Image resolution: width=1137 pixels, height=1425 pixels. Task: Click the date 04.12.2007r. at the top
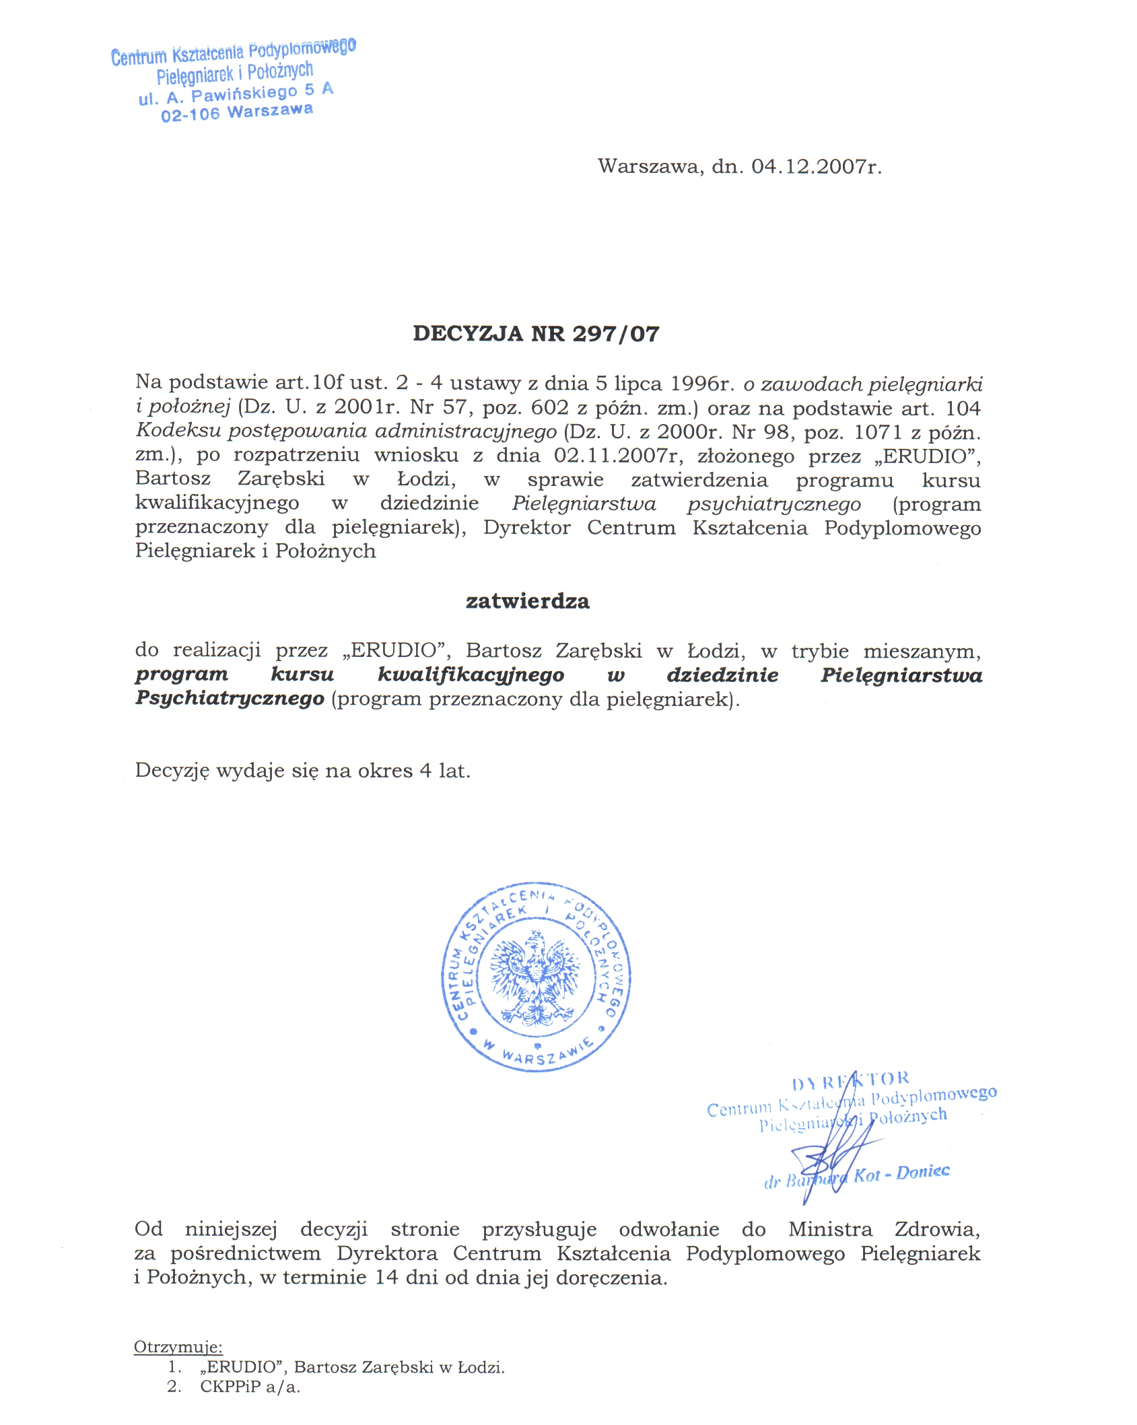(x=816, y=166)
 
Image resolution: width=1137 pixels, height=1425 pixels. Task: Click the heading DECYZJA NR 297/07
(x=536, y=334)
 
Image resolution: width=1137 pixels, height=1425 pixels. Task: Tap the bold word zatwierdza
(x=527, y=601)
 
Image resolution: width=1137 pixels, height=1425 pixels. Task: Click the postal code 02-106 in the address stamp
(x=191, y=115)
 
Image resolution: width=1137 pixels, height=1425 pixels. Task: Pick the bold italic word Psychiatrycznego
(x=230, y=698)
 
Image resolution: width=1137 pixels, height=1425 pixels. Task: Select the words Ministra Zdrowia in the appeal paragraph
(x=884, y=1229)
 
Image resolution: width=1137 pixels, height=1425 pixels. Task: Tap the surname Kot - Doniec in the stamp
(x=901, y=1174)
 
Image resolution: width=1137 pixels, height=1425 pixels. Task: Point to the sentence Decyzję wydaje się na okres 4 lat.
(x=302, y=770)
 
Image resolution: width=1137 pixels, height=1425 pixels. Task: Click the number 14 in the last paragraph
(x=386, y=1277)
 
